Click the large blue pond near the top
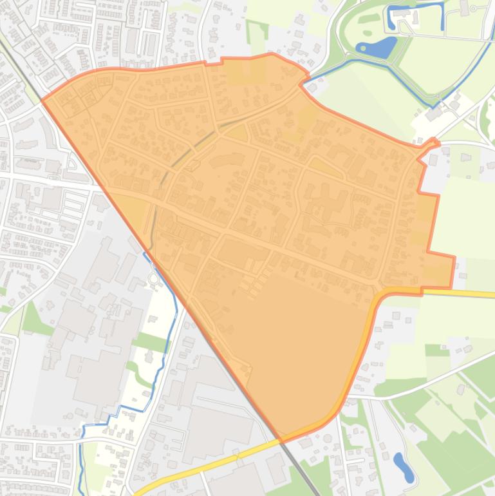click(377, 47)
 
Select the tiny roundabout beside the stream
click(153, 278)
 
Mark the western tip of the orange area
click(42, 100)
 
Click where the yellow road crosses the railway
click(281, 441)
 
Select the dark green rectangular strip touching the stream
click(150, 341)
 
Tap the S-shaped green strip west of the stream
click(136, 374)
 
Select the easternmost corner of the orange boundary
click(454, 258)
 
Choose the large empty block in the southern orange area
click(303, 341)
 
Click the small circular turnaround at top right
click(473, 8)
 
